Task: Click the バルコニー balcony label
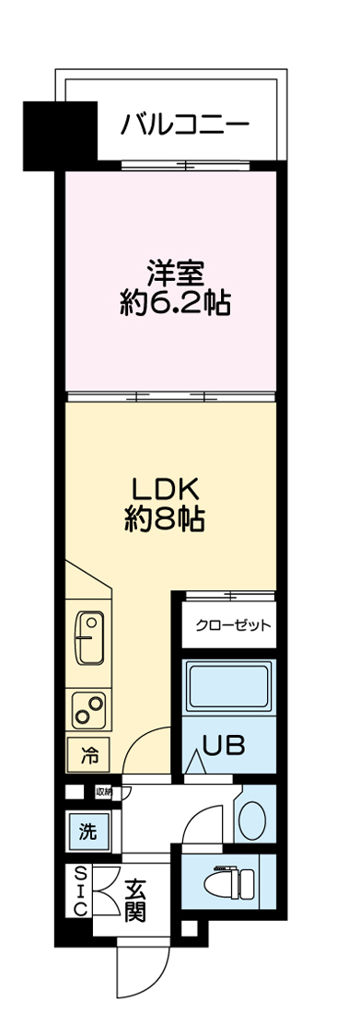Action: (184, 123)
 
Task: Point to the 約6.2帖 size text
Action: (174, 303)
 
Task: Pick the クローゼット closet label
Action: (233, 626)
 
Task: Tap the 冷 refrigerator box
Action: (88, 757)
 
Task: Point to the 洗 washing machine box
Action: (87, 833)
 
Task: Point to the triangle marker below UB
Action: (195, 764)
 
